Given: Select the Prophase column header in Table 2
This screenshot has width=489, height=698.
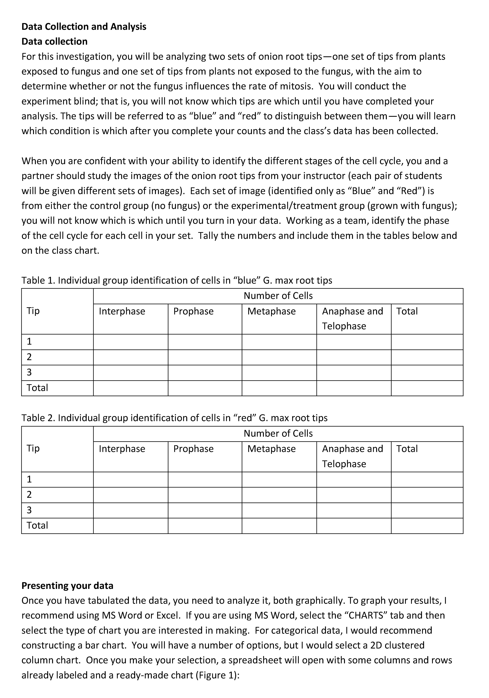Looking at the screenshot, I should point(193,449).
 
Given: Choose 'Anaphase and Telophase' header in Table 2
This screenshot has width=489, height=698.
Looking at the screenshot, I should point(352,456).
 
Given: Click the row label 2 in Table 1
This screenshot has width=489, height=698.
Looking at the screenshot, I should point(29,357).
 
